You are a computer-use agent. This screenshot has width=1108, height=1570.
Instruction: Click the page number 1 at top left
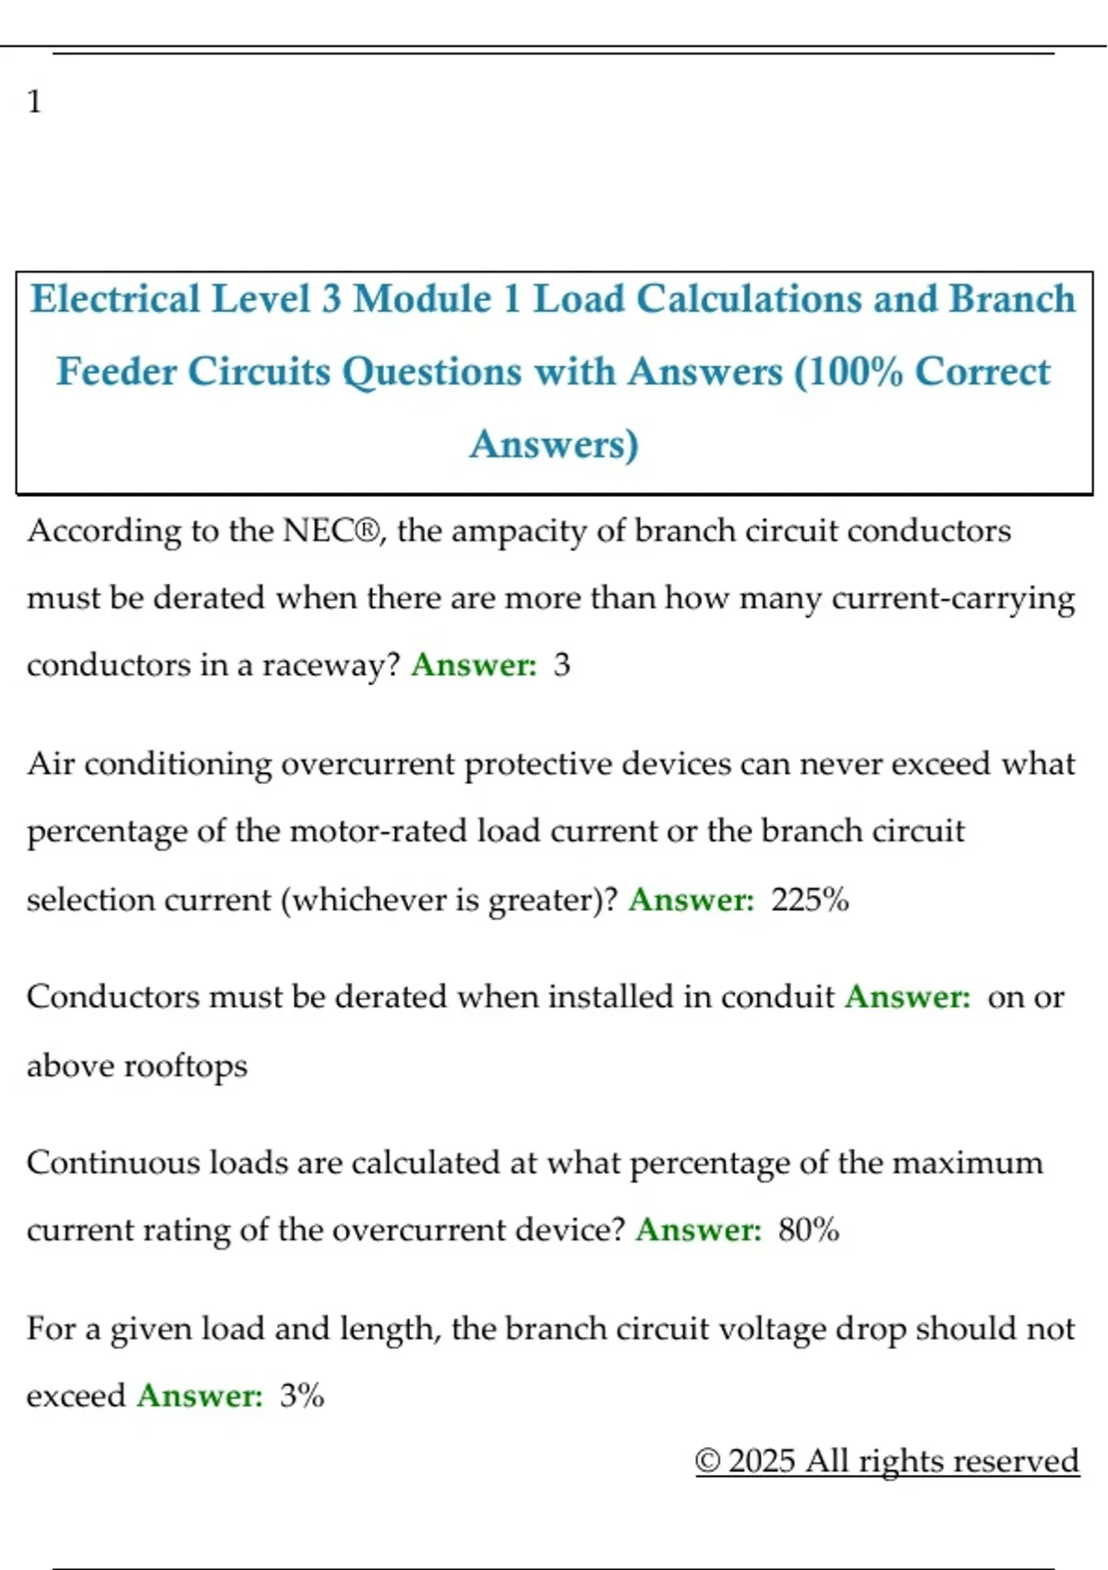tap(34, 101)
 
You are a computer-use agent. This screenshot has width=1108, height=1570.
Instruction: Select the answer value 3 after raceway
tap(561, 665)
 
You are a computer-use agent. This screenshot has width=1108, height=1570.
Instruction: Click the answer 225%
tap(810, 900)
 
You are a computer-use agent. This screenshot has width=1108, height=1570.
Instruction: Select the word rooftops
tap(186, 1066)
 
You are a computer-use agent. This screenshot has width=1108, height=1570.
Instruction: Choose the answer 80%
tap(808, 1230)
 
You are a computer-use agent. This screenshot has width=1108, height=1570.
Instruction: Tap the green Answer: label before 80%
tap(698, 1230)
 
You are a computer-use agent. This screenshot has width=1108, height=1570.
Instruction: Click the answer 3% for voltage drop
tap(302, 1395)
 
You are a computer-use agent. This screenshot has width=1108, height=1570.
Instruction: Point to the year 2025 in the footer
tap(761, 1461)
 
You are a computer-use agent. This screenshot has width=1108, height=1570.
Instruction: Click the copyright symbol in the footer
tap(707, 1461)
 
